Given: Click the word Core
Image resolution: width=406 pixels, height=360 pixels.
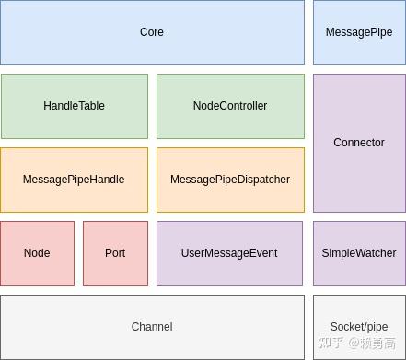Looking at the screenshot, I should [x=152, y=32].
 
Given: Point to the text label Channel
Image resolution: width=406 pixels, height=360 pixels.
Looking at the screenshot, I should [x=152, y=327].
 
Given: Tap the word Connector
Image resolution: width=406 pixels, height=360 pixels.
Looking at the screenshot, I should [x=359, y=143].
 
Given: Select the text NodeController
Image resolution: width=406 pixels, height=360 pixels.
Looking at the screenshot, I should [x=230, y=106].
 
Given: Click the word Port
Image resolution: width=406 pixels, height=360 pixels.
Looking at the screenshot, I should [x=115, y=253].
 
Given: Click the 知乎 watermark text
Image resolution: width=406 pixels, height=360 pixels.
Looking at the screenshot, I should [x=331, y=343].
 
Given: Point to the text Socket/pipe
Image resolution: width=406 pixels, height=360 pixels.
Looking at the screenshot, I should [x=359, y=327].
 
